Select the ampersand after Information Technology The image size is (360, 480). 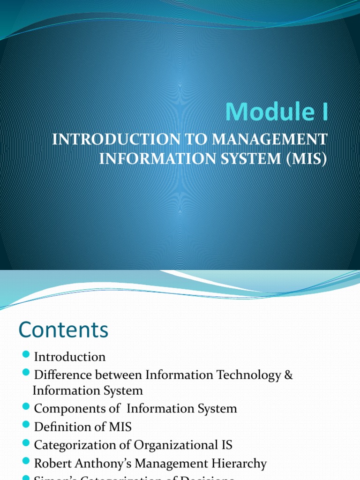click(288, 375)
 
